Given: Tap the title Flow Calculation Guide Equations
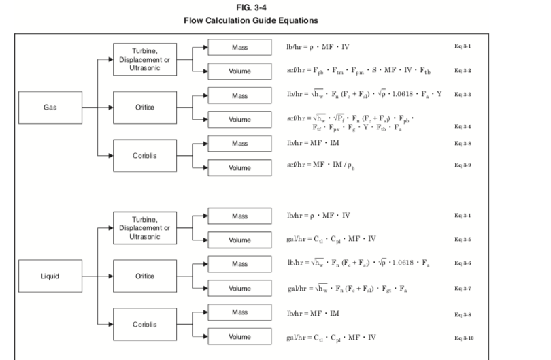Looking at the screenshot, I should [x=275, y=20].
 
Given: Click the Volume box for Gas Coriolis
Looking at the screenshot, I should [x=239, y=167].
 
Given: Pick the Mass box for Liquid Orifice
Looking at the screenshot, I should [x=239, y=263].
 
